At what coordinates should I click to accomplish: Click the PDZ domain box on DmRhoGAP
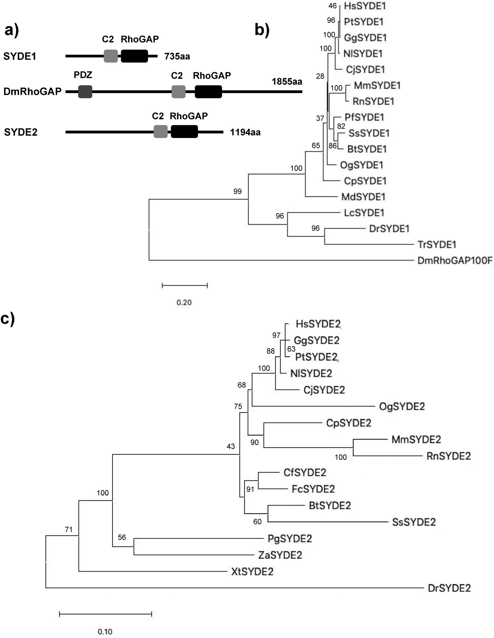(85, 92)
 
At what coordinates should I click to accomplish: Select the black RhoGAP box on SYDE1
(134, 56)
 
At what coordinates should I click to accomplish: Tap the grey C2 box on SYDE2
(160, 131)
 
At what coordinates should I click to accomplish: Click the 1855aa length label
(287, 82)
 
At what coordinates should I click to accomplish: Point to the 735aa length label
(177, 56)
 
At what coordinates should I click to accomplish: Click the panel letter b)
(262, 30)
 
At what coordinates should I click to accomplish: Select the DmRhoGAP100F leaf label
(455, 260)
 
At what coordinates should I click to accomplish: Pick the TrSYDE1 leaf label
(437, 244)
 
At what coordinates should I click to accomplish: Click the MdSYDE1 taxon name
(363, 197)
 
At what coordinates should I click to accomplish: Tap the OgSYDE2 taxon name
(402, 406)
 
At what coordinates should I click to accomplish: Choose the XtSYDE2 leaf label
(252, 571)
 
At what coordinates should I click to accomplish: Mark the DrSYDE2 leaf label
(449, 588)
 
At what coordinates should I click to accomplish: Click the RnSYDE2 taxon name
(448, 456)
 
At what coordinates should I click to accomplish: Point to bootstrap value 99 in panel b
(238, 191)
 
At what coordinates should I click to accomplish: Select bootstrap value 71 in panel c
(69, 529)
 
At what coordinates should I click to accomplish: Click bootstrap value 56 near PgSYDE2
(122, 537)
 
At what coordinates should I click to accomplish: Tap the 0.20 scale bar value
(184, 302)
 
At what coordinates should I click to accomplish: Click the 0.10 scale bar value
(105, 632)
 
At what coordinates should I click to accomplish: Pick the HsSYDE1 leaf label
(365, 6)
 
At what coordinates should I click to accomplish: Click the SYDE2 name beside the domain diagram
(21, 132)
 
